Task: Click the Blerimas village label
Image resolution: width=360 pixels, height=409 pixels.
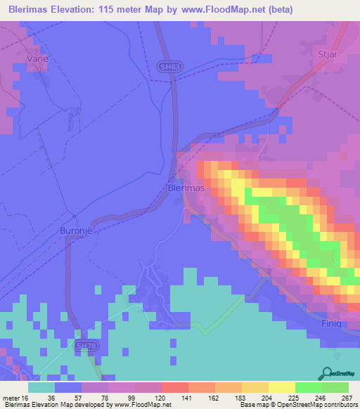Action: [x=186, y=189]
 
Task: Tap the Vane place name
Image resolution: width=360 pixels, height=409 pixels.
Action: [x=37, y=59]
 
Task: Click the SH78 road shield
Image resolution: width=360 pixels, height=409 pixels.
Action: [x=84, y=346]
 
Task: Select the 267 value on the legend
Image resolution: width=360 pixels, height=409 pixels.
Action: [x=346, y=398]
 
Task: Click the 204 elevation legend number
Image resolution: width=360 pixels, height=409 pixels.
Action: [x=257, y=398]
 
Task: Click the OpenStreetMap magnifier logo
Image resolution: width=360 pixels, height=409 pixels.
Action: [x=328, y=373]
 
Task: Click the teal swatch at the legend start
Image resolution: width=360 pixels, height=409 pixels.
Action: [x=41, y=387]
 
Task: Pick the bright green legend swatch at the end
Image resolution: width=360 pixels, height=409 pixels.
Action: [x=335, y=387]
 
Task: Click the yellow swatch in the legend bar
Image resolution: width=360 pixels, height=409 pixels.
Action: [x=281, y=387]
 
